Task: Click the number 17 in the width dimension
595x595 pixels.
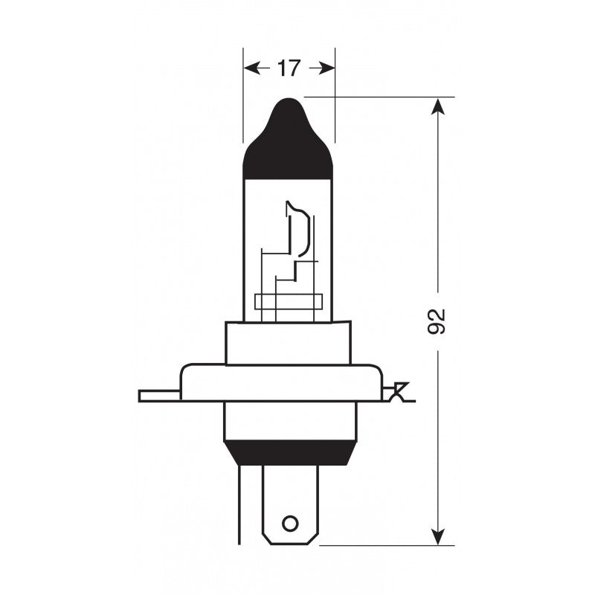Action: (289, 68)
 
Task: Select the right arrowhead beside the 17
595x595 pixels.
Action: (326, 68)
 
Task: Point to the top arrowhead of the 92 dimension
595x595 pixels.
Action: (439, 106)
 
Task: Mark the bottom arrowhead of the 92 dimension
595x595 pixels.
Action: (439, 537)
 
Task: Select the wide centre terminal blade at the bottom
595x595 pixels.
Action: (290, 498)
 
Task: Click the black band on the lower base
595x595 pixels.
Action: (290, 451)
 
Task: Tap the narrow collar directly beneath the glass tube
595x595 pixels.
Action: (289, 343)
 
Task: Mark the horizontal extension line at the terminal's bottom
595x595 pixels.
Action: (387, 545)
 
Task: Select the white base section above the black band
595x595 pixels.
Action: (290, 420)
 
